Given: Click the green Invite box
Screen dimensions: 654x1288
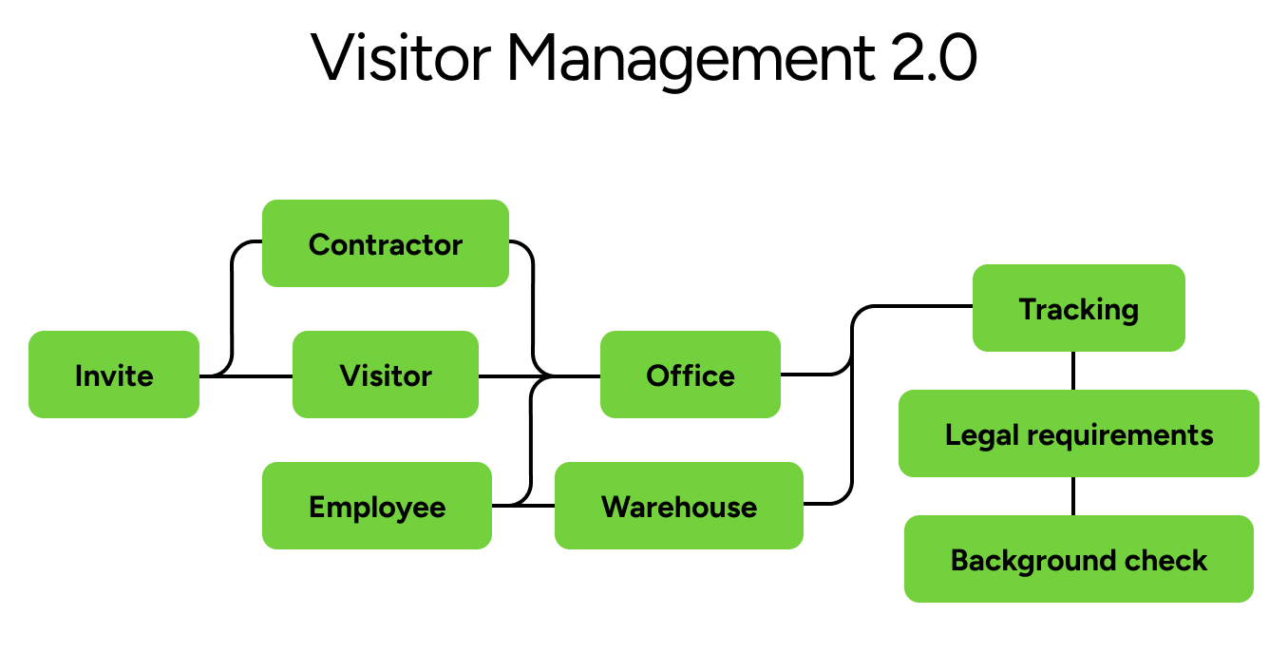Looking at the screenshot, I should click(x=114, y=375).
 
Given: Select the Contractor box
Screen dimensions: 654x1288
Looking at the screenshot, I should click(x=386, y=243).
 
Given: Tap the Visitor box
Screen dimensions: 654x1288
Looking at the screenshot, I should click(x=386, y=375).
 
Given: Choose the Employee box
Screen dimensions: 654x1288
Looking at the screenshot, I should click(x=377, y=506).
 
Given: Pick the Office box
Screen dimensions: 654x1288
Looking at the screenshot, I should click(x=691, y=375).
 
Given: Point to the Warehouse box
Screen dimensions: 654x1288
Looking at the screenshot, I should click(x=679, y=506).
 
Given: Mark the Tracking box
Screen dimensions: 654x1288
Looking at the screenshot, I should click(x=1079, y=308).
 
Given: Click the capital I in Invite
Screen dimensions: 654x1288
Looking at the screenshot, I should click(x=79, y=375).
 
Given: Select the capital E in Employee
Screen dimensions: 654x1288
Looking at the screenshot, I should click(x=317, y=507).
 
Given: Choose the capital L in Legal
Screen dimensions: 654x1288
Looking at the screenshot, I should click(x=952, y=434).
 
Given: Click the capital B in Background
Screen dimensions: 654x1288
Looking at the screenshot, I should click(x=959, y=560).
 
